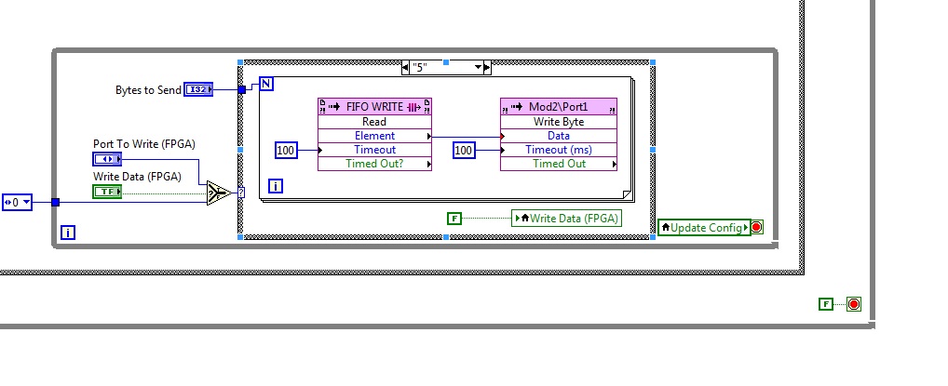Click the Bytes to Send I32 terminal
197,89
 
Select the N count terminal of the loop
266,85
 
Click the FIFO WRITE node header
375,106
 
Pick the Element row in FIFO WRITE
375,136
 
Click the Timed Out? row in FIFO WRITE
375,164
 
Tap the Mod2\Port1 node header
559,106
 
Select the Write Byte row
559,122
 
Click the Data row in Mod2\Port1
559,136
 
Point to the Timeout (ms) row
559,150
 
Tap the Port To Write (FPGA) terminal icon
107,158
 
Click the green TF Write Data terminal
107,191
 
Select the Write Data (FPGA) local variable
566,219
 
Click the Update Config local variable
704,227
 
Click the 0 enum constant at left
17,202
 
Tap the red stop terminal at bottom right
854,304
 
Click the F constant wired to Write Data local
454,219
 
